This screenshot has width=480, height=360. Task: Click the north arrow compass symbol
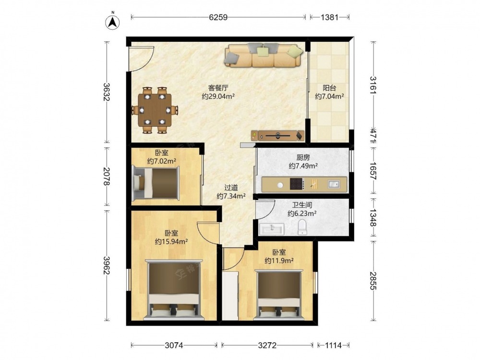[x=113, y=21]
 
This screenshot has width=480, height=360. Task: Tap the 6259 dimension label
[x=218, y=17]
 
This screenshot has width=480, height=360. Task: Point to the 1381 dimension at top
[x=329, y=17]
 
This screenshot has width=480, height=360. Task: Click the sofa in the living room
[x=264, y=55]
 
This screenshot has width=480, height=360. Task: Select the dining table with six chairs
[x=155, y=110]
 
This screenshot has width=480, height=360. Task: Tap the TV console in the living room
[x=278, y=135]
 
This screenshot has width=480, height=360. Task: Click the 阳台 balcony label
[x=329, y=88]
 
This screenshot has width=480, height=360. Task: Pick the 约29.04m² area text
[x=218, y=96]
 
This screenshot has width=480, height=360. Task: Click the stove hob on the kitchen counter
[x=297, y=184]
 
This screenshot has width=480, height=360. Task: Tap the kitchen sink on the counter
[x=334, y=184]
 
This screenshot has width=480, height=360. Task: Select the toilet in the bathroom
[x=302, y=227]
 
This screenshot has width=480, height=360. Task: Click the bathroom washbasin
[x=272, y=228]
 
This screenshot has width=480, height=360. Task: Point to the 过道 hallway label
[x=231, y=188]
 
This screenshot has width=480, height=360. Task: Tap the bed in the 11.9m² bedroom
[x=278, y=295]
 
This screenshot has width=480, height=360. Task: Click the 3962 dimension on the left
[x=107, y=265]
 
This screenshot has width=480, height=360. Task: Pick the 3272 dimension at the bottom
[x=267, y=346]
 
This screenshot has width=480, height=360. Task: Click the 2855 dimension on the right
[x=373, y=281]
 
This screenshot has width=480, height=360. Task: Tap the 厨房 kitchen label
[x=303, y=157]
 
